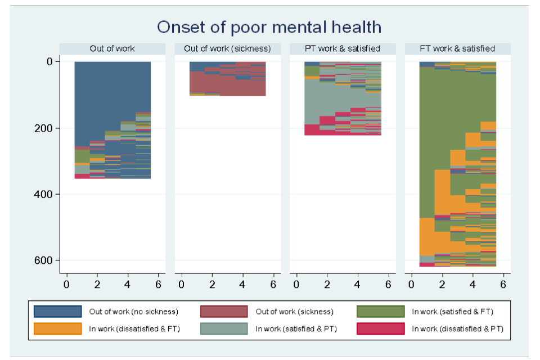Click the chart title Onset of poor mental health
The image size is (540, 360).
[x=269, y=26]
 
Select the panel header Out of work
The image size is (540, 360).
[x=112, y=49]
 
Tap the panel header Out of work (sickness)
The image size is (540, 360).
[x=227, y=49]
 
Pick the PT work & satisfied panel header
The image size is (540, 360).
[x=343, y=49]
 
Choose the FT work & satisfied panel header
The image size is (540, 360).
[x=457, y=49]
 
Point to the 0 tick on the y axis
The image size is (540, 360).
[x=49, y=61]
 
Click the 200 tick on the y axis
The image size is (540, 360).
[x=45, y=128]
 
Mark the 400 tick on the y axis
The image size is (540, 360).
[x=45, y=194]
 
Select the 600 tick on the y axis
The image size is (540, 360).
[x=45, y=260]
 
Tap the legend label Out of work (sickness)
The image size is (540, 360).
[x=294, y=312]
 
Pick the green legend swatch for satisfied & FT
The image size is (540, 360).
[x=380, y=311]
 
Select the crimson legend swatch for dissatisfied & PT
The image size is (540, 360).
[x=380, y=328]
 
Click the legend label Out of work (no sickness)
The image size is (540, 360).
[x=133, y=312]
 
